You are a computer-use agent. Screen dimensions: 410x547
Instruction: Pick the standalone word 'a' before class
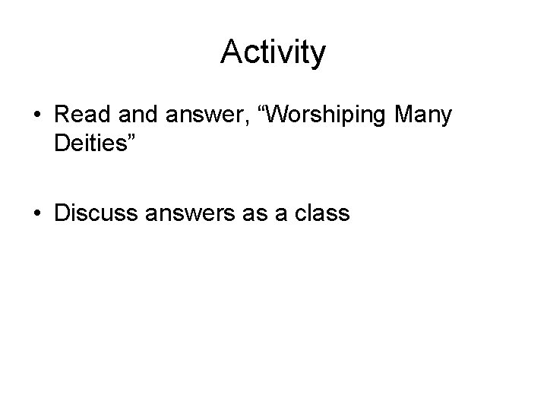click(281, 216)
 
